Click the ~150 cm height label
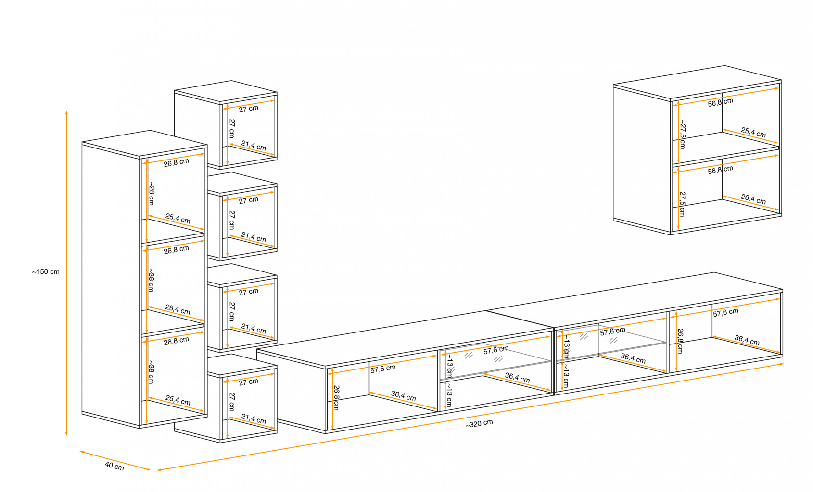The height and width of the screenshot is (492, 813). (46, 272)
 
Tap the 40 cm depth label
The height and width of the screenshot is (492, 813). (114, 466)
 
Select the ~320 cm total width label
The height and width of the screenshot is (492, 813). (479, 424)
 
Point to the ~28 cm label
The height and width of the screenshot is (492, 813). (151, 194)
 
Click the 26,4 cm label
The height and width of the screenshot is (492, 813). (753, 199)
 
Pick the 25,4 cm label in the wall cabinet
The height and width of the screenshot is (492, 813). (753, 132)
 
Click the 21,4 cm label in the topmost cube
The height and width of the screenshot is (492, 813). (254, 146)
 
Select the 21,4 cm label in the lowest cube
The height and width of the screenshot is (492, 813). (254, 419)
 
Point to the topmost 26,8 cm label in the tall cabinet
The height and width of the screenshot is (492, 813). (176, 162)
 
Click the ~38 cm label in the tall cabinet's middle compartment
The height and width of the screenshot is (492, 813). (151, 280)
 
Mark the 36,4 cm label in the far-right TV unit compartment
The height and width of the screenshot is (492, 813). (747, 340)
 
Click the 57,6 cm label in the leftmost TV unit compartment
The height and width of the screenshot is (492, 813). (383, 369)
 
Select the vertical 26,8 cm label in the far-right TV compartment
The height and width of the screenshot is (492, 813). (680, 341)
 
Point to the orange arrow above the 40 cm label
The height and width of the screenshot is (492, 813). (115, 461)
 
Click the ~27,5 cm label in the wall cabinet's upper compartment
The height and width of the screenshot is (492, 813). (683, 136)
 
